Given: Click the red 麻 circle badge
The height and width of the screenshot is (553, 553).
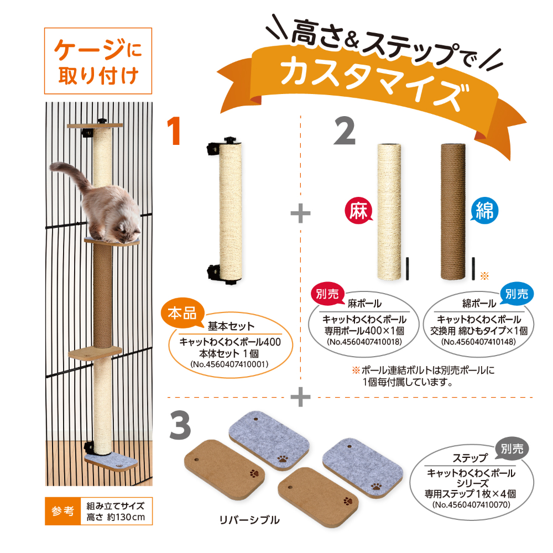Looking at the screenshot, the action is tap(358, 211).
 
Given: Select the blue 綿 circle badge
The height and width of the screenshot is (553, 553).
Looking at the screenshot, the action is tap(484, 211).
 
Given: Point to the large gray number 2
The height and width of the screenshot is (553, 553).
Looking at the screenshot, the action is tap(344, 131).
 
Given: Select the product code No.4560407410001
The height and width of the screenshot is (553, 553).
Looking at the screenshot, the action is tap(229, 364).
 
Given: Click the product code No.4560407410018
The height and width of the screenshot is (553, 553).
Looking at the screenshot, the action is tap(364, 341).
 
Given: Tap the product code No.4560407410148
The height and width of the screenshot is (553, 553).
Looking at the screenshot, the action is tap(478, 341).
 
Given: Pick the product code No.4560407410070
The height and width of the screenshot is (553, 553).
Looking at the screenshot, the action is tap(472, 505).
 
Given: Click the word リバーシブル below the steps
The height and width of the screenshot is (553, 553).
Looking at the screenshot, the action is tap(249, 520).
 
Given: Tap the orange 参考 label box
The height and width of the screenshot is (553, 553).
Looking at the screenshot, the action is tap(63, 511).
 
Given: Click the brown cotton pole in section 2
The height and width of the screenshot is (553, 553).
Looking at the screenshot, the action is tap(453, 211).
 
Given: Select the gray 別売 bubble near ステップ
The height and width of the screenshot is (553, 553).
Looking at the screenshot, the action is tap(513, 448).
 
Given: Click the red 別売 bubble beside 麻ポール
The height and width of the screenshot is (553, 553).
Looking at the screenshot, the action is tap(327, 294).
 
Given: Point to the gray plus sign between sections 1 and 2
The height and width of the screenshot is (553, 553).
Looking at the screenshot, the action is tap(300, 213).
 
